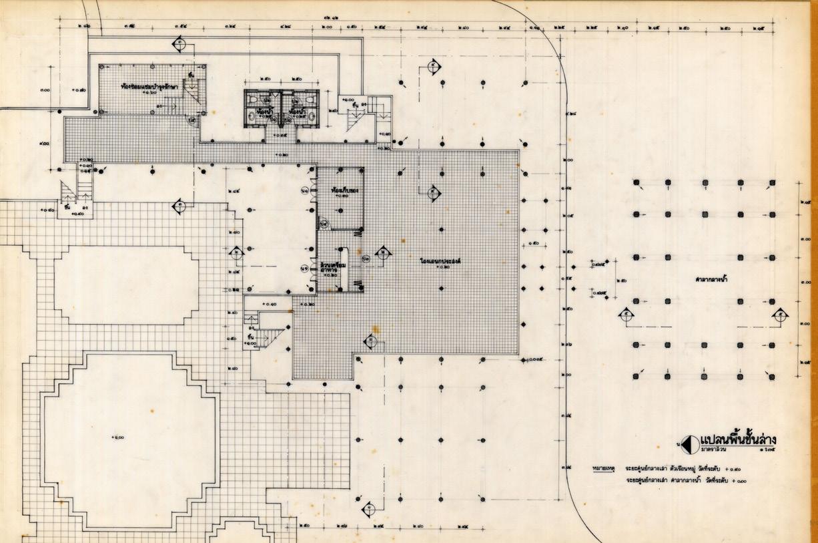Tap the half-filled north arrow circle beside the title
pyautogui.click(x=688, y=443)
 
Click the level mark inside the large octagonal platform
pyautogui.click(x=118, y=437)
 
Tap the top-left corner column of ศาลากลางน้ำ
pyautogui.click(x=637, y=182)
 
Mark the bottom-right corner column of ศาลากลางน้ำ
pyautogui.click(x=772, y=377)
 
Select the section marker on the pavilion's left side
pyautogui.click(x=625, y=315)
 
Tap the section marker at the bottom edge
pyautogui.click(x=368, y=510)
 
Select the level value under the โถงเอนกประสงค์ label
pyautogui.click(x=439, y=266)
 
